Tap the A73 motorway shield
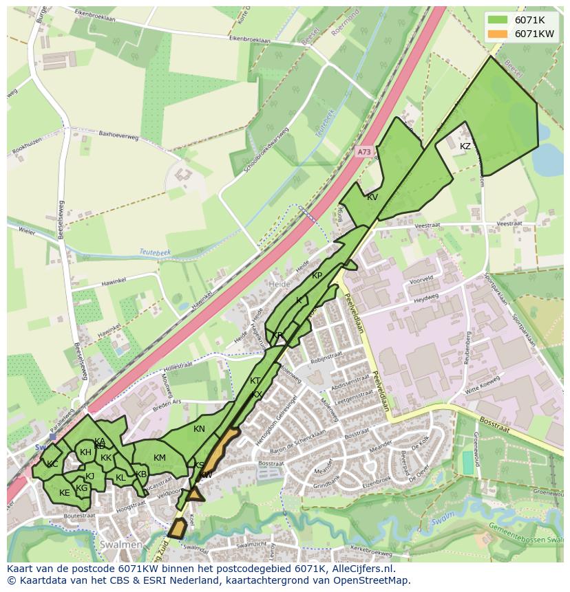pos(364,152)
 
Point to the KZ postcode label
pos(465,146)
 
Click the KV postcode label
pos(372,197)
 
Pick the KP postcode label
pos(317,276)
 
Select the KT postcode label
pos(255,381)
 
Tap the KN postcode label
pos(199,429)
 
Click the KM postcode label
pos(160,458)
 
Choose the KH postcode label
pos(85,452)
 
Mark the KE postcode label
pos(65,493)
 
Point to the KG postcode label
pos(82,488)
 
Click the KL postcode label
pos(120,478)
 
